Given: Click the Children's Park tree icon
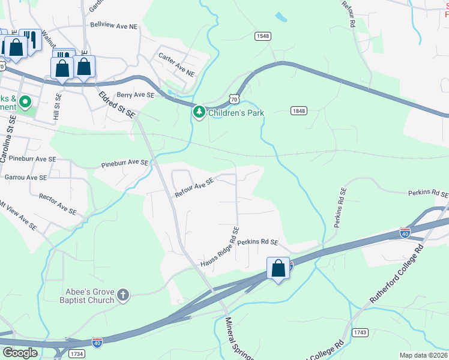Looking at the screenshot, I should (x=199, y=112).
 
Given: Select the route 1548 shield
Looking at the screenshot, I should (x=262, y=36).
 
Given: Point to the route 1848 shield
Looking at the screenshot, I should (x=299, y=110).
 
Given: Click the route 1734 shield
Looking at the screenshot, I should (x=76, y=355).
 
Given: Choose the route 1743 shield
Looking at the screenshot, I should (x=360, y=332).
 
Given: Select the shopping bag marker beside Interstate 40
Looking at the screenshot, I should (x=279, y=269).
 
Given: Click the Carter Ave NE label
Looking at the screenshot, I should (x=177, y=64).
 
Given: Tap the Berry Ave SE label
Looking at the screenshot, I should (x=136, y=95).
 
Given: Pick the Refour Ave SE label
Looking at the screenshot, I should (x=194, y=188).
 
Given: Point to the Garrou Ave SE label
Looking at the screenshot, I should (x=25, y=178).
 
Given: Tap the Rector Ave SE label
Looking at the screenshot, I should (x=57, y=204).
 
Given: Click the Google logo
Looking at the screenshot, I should (x=20, y=353).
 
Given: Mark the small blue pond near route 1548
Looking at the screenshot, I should (x=281, y=17).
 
